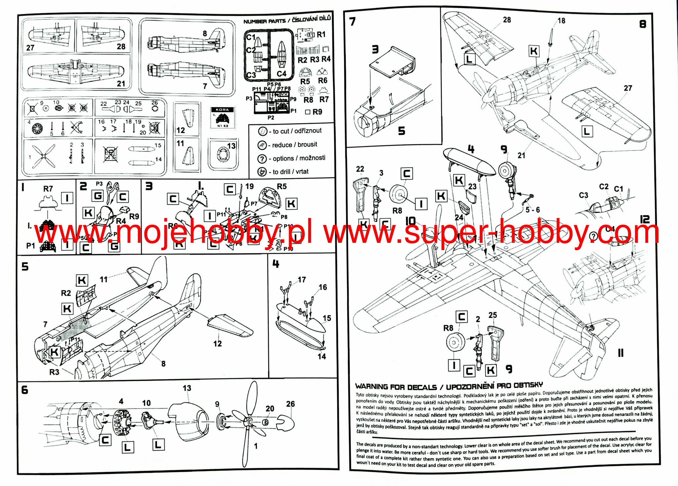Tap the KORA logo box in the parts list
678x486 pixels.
pyautogui.click(x=222, y=118)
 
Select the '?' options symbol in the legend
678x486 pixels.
pyautogui.click(x=262, y=159)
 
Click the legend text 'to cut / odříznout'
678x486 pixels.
pyautogui.click(x=297, y=131)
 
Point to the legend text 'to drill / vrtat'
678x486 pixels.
pyautogui.click(x=290, y=172)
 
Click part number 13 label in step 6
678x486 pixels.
pyautogui.click(x=187, y=388)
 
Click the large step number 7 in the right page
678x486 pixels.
pyautogui.click(x=353, y=22)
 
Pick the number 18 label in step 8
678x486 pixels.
pyautogui.click(x=561, y=21)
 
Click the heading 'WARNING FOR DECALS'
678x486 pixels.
pyautogui.click(x=396, y=387)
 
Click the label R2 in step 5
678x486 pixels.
pyautogui.click(x=66, y=293)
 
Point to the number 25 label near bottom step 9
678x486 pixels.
pyautogui.click(x=493, y=315)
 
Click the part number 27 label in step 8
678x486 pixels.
pyautogui.click(x=628, y=88)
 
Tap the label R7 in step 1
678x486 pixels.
pyautogui.click(x=48, y=189)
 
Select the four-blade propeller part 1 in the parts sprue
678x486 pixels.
pyautogui.click(x=43, y=155)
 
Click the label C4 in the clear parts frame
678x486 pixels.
pyautogui.click(x=281, y=74)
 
